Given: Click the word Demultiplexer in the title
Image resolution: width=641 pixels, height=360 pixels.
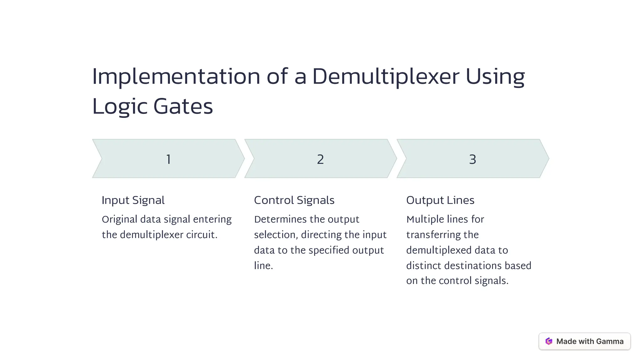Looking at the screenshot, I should coord(386,77).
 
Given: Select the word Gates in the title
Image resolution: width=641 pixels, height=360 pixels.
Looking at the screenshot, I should coord(183,106).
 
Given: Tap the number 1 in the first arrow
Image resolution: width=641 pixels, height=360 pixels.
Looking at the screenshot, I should coord(168,159).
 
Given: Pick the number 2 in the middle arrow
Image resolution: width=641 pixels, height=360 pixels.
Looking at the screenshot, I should coord(320,159).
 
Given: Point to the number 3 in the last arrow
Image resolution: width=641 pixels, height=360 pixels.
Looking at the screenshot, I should coord(473,159).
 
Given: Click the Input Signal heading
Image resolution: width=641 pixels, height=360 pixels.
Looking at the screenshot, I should coord(133,200).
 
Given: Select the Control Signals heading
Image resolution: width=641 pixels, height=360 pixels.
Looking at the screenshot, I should coord(294,200).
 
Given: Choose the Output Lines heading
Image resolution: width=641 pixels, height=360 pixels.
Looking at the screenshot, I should coord(440,200).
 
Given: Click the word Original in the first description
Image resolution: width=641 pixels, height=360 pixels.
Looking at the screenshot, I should coord(120,220).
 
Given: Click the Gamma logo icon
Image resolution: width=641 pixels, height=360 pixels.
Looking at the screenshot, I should coord(549,341).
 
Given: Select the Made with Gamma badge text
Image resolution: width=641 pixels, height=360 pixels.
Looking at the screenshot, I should coord(590,341).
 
